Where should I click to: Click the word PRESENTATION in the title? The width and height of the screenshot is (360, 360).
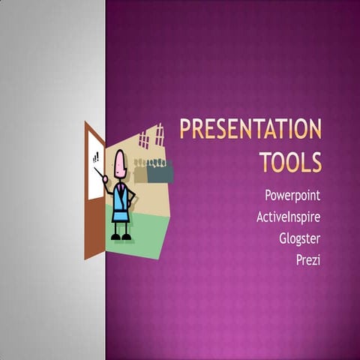250,130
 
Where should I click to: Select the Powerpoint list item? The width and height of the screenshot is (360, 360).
292,195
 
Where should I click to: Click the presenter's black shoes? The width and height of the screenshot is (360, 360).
120,237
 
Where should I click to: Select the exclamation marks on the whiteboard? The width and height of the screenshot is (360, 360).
96,157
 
